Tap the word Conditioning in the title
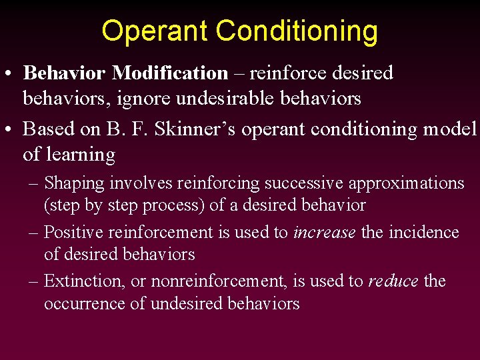(x=297, y=31)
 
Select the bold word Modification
(x=170, y=73)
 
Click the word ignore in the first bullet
(x=135, y=99)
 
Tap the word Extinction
(x=83, y=281)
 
